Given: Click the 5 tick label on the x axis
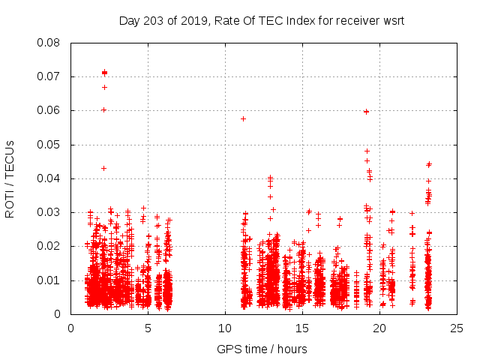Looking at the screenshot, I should (x=148, y=328).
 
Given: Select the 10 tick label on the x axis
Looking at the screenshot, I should (x=225, y=328).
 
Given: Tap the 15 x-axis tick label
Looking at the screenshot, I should (x=302, y=328).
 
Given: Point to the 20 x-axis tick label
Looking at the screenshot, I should (x=379, y=328).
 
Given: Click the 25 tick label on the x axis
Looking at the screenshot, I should (x=457, y=328).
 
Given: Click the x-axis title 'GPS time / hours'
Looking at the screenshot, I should (x=263, y=349).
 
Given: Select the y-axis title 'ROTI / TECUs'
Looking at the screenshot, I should (x=10, y=178).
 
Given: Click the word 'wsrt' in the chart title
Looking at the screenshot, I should (x=392, y=20).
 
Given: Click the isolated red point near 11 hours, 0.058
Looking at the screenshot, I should (x=243, y=118).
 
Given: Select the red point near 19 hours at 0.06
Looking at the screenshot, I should (x=366, y=112).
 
